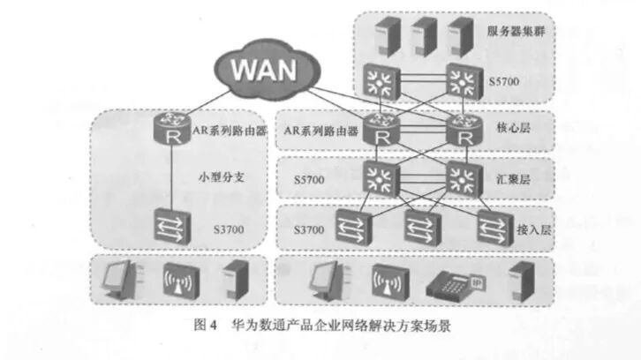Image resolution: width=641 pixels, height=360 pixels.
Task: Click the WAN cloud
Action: (x=267, y=70)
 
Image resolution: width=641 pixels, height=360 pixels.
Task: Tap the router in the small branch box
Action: (x=172, y=128)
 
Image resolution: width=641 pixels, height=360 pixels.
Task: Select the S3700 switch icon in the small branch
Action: (x=172, y=227)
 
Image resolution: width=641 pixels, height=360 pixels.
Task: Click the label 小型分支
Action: (x=221, y=177)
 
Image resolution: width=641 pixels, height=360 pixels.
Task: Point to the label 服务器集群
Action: (x=516, y=31)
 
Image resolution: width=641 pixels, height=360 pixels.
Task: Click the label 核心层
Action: (x=514, y=128)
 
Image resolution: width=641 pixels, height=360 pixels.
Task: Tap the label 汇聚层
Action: (x=514, y=179)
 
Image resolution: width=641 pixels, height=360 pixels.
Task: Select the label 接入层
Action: (x=534, y=230)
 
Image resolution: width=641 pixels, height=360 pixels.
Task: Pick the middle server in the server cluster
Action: (x=424, y=36)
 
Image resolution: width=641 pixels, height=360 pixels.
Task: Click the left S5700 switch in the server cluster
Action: (x=381, y=82)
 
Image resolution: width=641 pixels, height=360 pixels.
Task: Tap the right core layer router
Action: (x=464, y=130)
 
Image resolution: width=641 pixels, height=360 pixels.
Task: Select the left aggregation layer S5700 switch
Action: (x=381, y=179)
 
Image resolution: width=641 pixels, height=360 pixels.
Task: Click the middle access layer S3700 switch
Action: (x=423, y=228)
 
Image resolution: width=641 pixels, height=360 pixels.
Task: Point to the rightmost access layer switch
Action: (x=495, y=228)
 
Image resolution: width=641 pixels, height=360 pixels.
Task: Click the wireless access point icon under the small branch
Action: (x=181, y=281)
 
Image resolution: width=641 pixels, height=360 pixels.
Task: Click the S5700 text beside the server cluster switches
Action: (x=504, y=82)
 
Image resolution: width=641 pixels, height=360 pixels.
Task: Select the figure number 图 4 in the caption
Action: (x=205, y=326)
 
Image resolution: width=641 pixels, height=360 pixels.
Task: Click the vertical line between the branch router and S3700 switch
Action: (x=171, y=176)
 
